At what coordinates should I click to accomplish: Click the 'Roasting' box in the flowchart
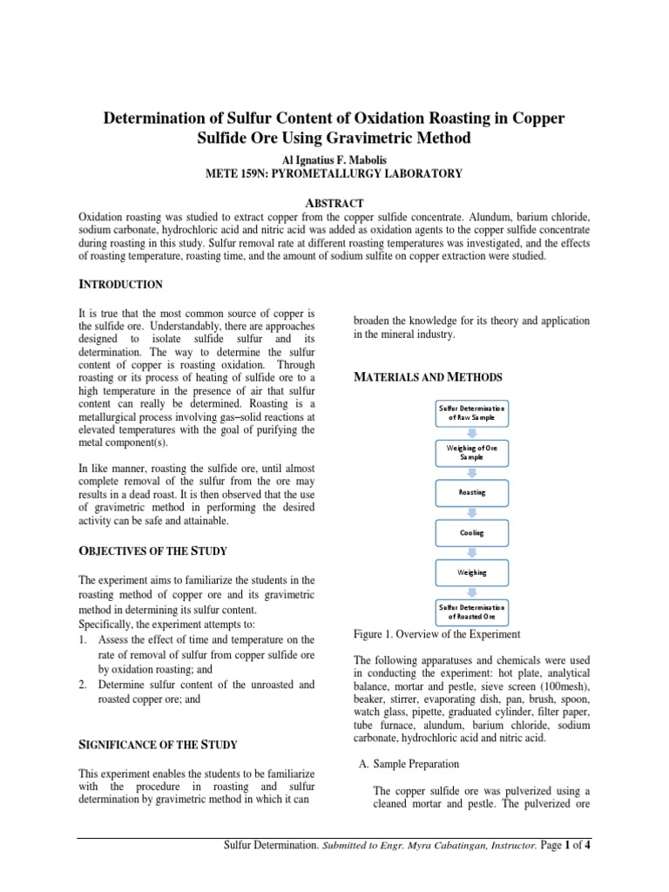471,492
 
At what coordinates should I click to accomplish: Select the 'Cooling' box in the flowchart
471,532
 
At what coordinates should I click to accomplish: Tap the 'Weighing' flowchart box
471,572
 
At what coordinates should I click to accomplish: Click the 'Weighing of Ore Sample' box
471,452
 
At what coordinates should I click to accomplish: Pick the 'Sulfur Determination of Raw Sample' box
471,412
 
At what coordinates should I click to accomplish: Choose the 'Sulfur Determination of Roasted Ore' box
471,612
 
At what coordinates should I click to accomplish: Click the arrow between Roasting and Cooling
471,512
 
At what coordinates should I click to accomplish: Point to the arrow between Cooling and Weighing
471,552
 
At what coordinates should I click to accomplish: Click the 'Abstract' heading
334,203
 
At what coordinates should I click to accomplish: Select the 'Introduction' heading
120,284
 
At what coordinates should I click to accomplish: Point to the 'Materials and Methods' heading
427,376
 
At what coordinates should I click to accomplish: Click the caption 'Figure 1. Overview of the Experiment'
436,633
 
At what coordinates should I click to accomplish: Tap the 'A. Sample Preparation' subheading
409,764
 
